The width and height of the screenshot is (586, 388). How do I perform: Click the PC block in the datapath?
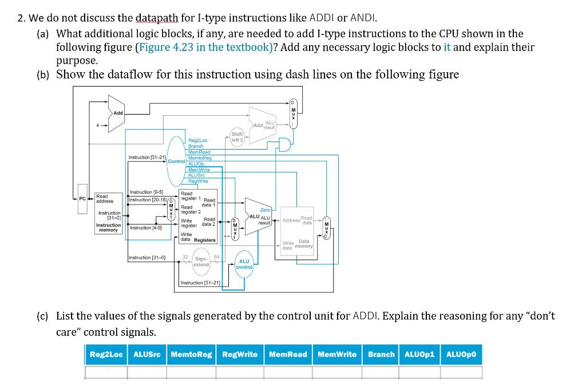82,198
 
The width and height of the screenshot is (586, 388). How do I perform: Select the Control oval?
177,161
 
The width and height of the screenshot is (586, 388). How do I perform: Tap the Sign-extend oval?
201,261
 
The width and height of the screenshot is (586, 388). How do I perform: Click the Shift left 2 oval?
237,137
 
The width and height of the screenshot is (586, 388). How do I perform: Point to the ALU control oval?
244,264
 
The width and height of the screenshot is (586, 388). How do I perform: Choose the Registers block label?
204,241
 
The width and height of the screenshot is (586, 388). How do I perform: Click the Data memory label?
303,244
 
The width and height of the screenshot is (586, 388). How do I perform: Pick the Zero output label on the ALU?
265,210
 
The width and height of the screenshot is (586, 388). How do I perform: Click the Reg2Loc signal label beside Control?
197,140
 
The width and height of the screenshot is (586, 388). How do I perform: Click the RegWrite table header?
239,354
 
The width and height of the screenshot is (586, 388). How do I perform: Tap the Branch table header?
381,354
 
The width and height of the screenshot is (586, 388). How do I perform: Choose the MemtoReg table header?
191,354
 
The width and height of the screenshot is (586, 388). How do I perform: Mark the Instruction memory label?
108,227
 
